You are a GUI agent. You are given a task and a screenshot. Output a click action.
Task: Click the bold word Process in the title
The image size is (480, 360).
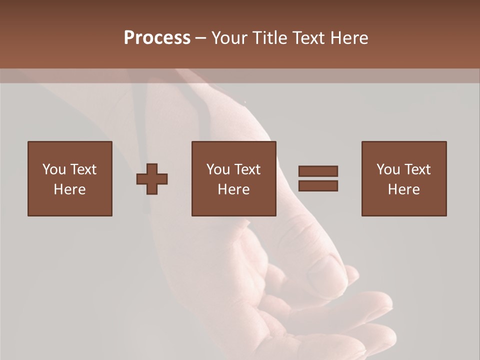coord(157,38)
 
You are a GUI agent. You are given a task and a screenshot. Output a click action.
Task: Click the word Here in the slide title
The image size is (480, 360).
coord(349,38)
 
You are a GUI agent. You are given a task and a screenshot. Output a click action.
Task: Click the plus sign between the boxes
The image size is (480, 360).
coord(152,178)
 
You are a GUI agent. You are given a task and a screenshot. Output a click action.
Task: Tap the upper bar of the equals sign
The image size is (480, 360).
coord(318,171)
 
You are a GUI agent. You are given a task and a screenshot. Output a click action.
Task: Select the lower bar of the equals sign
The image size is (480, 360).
coord(318,185)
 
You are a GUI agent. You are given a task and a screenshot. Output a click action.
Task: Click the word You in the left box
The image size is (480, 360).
coord(53,169)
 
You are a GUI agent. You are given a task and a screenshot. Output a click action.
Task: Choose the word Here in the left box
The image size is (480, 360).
coord(69,189)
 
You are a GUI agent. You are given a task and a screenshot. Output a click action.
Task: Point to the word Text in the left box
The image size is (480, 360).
coord(82,169)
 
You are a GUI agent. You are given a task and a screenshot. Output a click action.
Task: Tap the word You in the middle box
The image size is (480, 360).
coord(218,169)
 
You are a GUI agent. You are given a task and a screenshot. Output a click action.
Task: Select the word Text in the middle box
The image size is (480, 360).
coord(247,169)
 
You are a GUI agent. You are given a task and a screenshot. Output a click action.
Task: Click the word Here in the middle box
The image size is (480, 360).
coord(233,189)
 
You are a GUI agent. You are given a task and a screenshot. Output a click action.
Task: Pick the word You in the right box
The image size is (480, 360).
coord(388,169)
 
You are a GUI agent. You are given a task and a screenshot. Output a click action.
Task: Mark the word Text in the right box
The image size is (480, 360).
coord(417,169)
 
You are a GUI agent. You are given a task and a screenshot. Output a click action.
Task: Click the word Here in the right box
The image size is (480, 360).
coord(403,189)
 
